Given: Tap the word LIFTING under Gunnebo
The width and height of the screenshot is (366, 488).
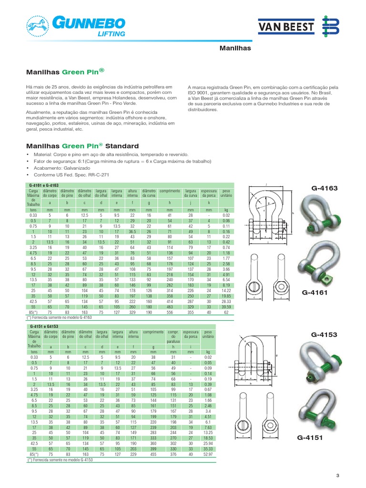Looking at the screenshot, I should (x=112, y=34).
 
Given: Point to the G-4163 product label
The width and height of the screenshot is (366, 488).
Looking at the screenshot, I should (x=324, y=188).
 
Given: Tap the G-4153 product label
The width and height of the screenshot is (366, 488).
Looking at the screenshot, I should (x=324, y=335).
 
